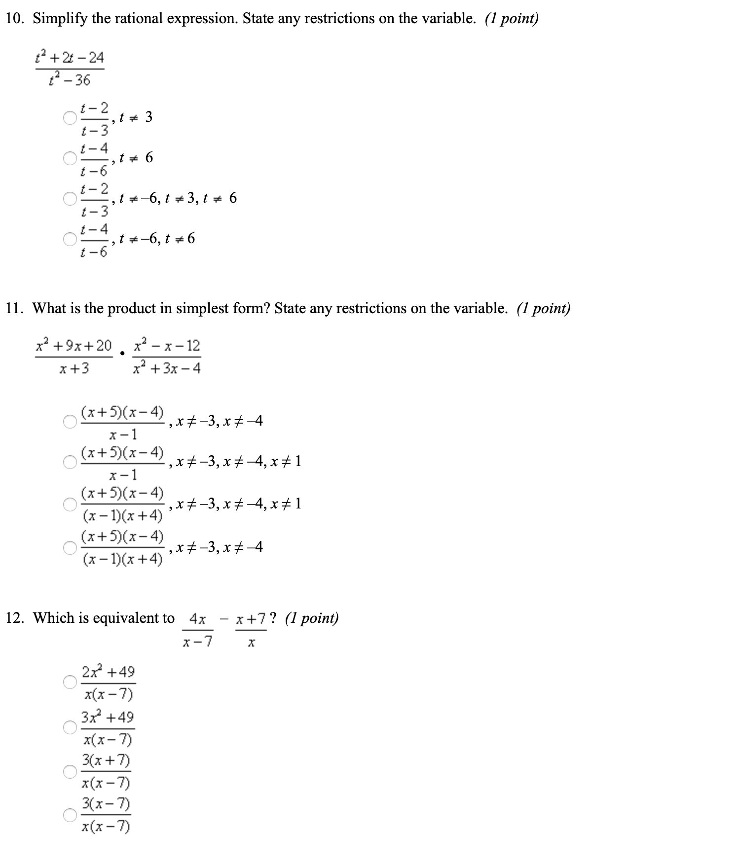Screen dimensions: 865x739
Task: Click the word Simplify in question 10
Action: tap(60, 19)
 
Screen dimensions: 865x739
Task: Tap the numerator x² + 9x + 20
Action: tap(74, 345)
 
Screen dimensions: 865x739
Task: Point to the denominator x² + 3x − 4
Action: tap(167, 368)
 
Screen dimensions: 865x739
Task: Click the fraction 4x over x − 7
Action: tap(197, 630)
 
